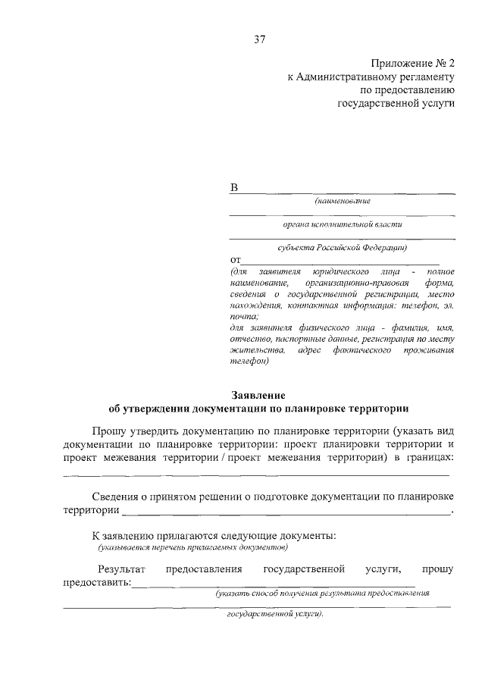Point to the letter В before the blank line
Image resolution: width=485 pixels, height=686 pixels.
(x=234, y=187)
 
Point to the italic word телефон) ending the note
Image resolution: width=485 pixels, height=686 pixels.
(x=249, y=362)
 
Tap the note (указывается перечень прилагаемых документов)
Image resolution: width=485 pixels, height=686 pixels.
(x=193, y=547)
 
